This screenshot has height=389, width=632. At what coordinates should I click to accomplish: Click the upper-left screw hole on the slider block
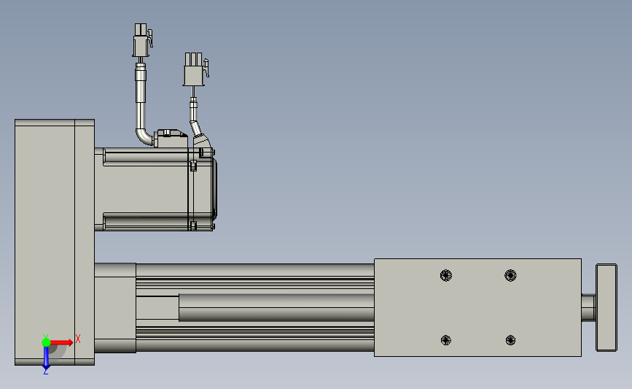[446, 276]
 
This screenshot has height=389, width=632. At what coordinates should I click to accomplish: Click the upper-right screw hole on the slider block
[510, 276]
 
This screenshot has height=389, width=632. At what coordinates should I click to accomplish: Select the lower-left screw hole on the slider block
[446, 340]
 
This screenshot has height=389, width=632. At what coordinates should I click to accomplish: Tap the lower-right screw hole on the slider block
[510, 340]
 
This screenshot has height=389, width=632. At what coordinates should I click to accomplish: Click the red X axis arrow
[61, 342]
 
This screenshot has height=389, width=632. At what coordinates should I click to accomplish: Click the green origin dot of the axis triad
[46, 342]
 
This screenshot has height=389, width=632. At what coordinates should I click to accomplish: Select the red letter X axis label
[78, 339]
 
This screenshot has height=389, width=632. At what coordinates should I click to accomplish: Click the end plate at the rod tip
[606, 307]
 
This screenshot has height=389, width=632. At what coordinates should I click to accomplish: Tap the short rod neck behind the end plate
[588, 308]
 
